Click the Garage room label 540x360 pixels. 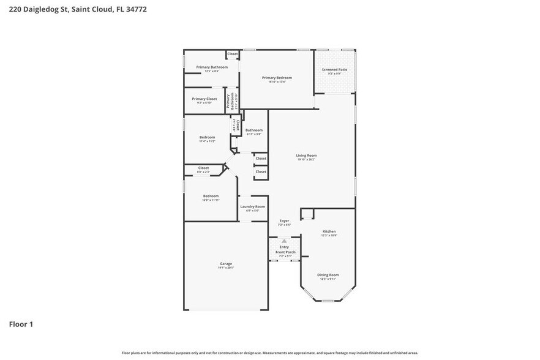tap(226, 263)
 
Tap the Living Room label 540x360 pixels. tap(306, 156)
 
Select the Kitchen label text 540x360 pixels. tap(329, 231)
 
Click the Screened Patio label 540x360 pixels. tap(334, 70)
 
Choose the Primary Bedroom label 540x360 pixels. tap(277, 78)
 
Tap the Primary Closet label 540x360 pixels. tap(204, 99)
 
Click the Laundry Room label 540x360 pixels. tap(252, 207)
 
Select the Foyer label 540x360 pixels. tap(285, 220)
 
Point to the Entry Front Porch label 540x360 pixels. tap(285, 250)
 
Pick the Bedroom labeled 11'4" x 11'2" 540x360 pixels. tap(207, 137)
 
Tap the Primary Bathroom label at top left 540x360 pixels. tap(208, 67)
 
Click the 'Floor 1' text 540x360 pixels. tap(21, 324)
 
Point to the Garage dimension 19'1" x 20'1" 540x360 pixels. tap(226, 268)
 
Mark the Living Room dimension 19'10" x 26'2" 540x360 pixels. tap(306, 160)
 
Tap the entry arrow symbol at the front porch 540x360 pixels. tap(285, 241)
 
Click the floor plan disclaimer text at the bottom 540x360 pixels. tap(270, 353)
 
